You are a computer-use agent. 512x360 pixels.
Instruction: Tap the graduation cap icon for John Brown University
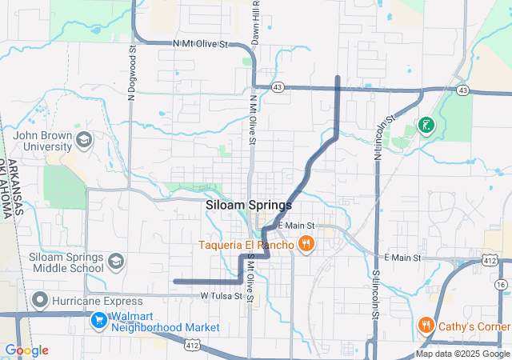(84, 142)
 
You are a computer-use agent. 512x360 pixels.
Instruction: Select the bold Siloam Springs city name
(248, 205)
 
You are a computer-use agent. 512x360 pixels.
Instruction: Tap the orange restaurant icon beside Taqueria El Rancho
(305, 243)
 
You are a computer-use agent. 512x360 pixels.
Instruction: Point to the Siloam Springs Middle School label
(66, 262)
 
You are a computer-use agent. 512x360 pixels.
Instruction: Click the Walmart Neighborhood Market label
(165, 322)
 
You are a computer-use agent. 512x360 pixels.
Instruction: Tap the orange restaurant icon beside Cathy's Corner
(426, 326)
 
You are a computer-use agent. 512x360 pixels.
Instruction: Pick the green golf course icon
(426, 125)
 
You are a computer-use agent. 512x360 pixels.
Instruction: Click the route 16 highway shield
(501, 284)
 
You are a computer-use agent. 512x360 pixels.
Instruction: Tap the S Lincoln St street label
(374, 294)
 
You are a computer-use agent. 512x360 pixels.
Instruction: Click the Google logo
(26, 350)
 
